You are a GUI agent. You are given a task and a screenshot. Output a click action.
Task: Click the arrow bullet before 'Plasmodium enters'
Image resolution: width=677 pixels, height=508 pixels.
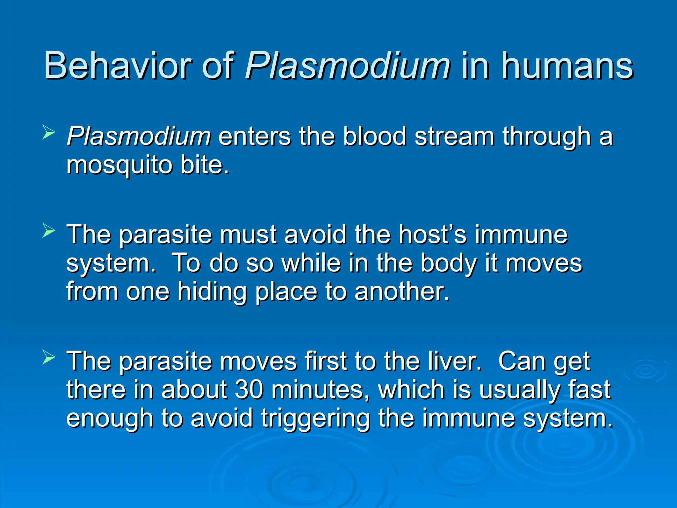point(49,133)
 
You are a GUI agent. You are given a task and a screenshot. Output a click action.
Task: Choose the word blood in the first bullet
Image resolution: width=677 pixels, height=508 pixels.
point(374,136)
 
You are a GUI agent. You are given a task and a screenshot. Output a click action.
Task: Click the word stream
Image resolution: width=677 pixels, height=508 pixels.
point(454,136)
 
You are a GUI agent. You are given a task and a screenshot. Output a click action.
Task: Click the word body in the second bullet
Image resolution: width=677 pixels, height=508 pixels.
point(449,264)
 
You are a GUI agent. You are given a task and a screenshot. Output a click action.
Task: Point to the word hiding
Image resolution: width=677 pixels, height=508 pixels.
point(212,292)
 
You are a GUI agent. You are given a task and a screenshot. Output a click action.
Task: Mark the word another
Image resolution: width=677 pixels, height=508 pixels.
point(402,292)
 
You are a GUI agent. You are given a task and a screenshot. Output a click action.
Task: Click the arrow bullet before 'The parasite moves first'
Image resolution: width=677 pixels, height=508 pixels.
point(49,358)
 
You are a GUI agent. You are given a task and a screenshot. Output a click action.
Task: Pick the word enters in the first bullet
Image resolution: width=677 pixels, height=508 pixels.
point(255,136)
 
